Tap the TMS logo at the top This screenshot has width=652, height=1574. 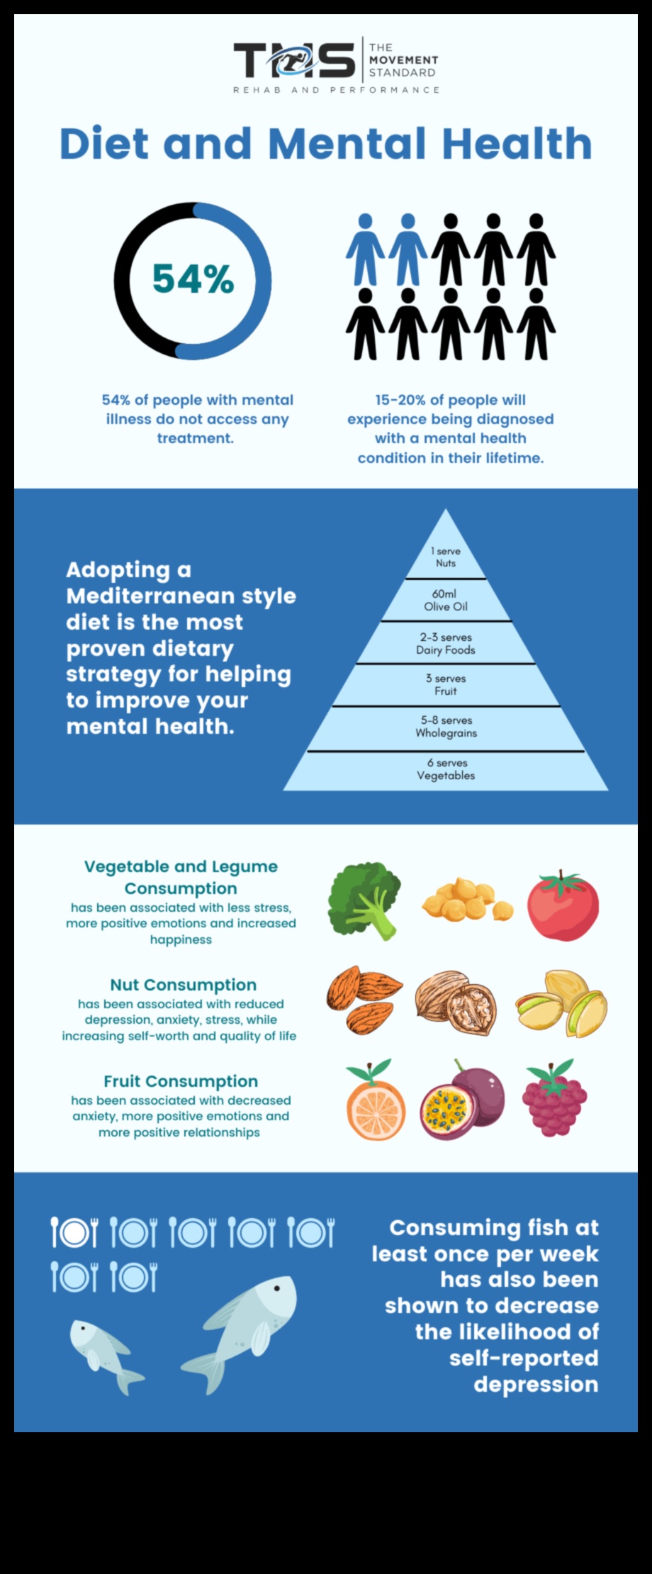294,61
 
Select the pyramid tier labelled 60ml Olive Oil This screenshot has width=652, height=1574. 446,600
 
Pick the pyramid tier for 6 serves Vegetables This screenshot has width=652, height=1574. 446,769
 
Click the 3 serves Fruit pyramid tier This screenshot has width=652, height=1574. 446,685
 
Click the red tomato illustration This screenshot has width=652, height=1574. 563,905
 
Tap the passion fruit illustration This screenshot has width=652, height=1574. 463,1100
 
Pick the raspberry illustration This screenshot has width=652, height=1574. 554,1098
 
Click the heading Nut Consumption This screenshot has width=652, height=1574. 183,985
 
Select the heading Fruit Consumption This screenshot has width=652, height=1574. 181,1081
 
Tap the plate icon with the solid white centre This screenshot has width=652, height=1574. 74,1233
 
